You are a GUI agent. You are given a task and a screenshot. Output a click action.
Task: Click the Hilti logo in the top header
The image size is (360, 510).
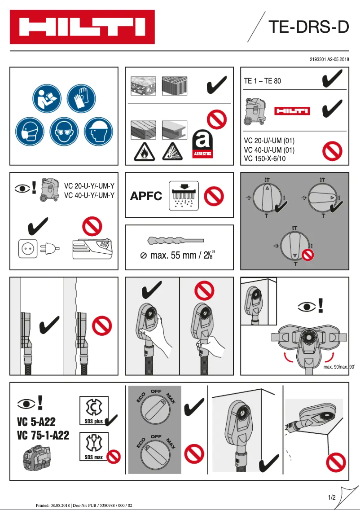82,27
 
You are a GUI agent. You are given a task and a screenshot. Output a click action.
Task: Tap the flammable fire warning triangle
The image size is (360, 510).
144,152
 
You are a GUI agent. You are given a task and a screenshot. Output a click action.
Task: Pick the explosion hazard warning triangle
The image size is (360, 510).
173,152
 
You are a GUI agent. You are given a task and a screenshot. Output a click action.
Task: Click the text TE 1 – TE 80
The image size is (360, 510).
263,81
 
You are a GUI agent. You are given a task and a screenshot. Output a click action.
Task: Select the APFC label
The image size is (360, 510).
146,196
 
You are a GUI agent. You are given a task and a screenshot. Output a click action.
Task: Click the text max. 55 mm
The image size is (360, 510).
173,255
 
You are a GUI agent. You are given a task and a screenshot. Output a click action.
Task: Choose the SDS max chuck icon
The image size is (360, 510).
94,445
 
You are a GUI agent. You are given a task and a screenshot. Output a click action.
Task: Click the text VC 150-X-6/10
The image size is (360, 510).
264,159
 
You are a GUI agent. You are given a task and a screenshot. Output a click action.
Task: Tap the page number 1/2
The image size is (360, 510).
332,497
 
